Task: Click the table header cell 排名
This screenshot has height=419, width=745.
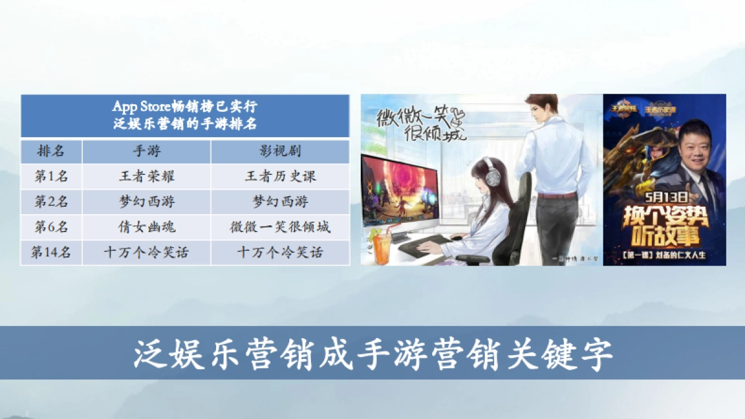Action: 51,151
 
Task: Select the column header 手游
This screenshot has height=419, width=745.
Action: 147,151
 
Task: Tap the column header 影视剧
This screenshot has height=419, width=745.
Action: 280,151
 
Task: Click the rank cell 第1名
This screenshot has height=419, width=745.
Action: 51,176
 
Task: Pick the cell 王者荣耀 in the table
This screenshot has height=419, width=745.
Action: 147,176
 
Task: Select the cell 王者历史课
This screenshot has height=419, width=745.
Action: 280,176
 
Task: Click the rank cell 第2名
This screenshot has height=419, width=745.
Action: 51,202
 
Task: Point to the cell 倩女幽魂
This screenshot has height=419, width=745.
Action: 147,227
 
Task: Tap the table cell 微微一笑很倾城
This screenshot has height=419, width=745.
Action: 280,227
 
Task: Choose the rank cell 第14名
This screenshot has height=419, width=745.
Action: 51,253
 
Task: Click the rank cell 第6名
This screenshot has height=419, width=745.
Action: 51,227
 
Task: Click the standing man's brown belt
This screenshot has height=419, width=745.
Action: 556,196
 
